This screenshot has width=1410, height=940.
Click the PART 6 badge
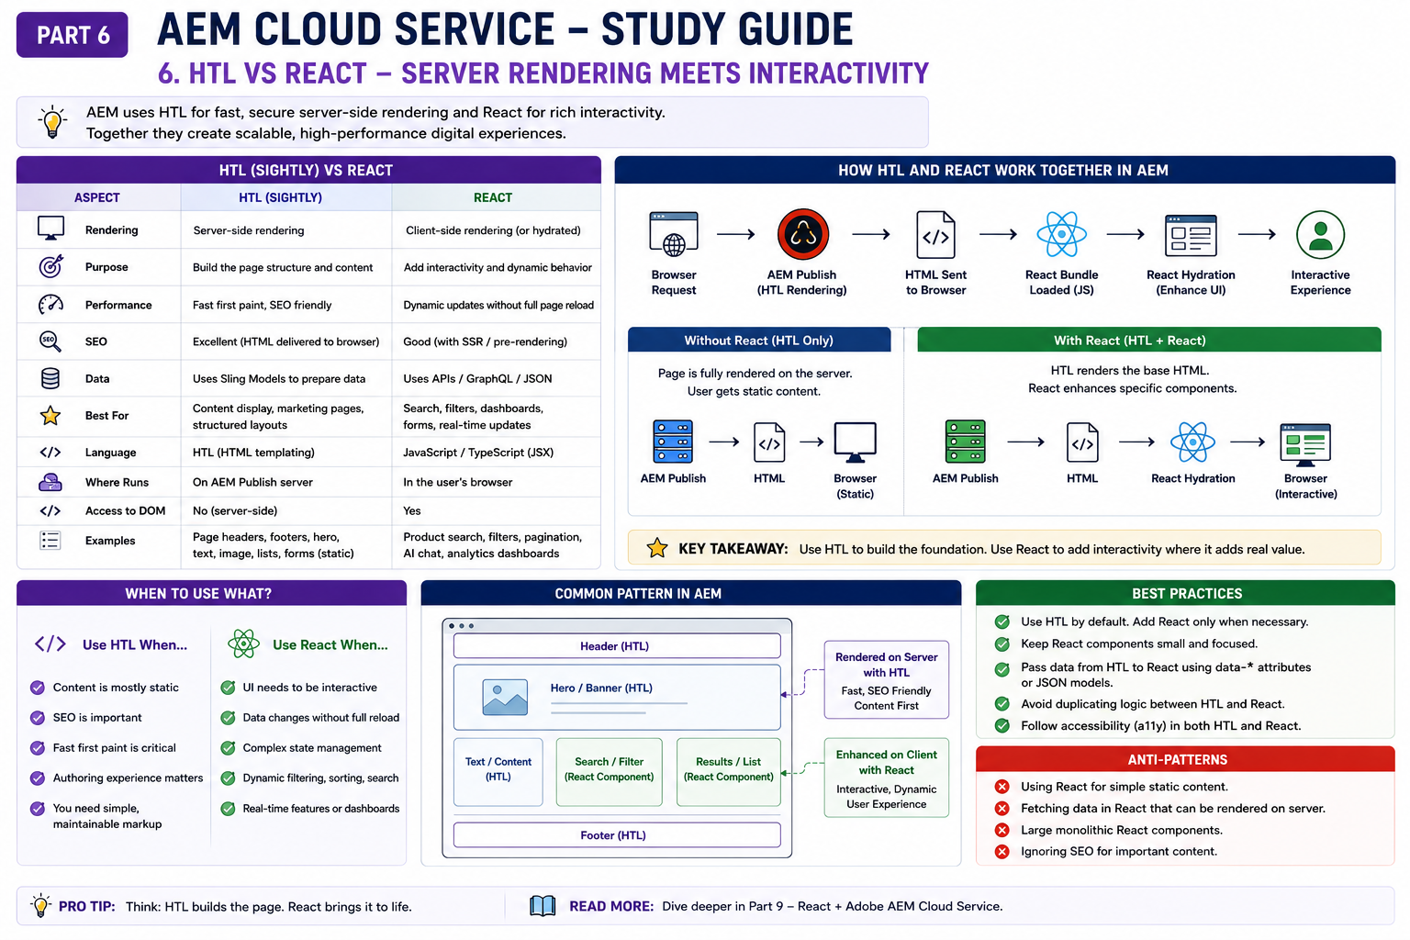(73, 35)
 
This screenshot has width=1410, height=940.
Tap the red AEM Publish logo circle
(802, 235)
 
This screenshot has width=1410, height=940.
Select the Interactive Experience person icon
(1320, 235)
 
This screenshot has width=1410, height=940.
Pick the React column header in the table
(493, 197)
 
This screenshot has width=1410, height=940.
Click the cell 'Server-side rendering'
(249, 230)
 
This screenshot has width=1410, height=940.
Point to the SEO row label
(96, 341)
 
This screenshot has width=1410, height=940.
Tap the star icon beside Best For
(50, 416)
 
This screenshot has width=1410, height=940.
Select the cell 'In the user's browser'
(458, 482)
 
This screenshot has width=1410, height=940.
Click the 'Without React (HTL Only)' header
(759, 340)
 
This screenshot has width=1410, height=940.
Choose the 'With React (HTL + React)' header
(1148, 340)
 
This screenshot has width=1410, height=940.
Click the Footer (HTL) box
(617, 835)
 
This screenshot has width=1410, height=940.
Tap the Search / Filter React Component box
(610, 772)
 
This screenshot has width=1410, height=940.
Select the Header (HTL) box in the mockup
(617, 646)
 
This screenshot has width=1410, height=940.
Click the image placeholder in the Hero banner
(505, 697)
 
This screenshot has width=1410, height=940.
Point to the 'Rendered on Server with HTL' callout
(886, 680)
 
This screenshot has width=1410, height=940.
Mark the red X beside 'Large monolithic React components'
(1002, 831)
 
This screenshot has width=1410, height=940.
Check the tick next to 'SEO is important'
(38, 718)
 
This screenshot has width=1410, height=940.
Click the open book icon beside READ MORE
(543, 906)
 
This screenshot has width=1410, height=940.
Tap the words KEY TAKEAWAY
(733, 549)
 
